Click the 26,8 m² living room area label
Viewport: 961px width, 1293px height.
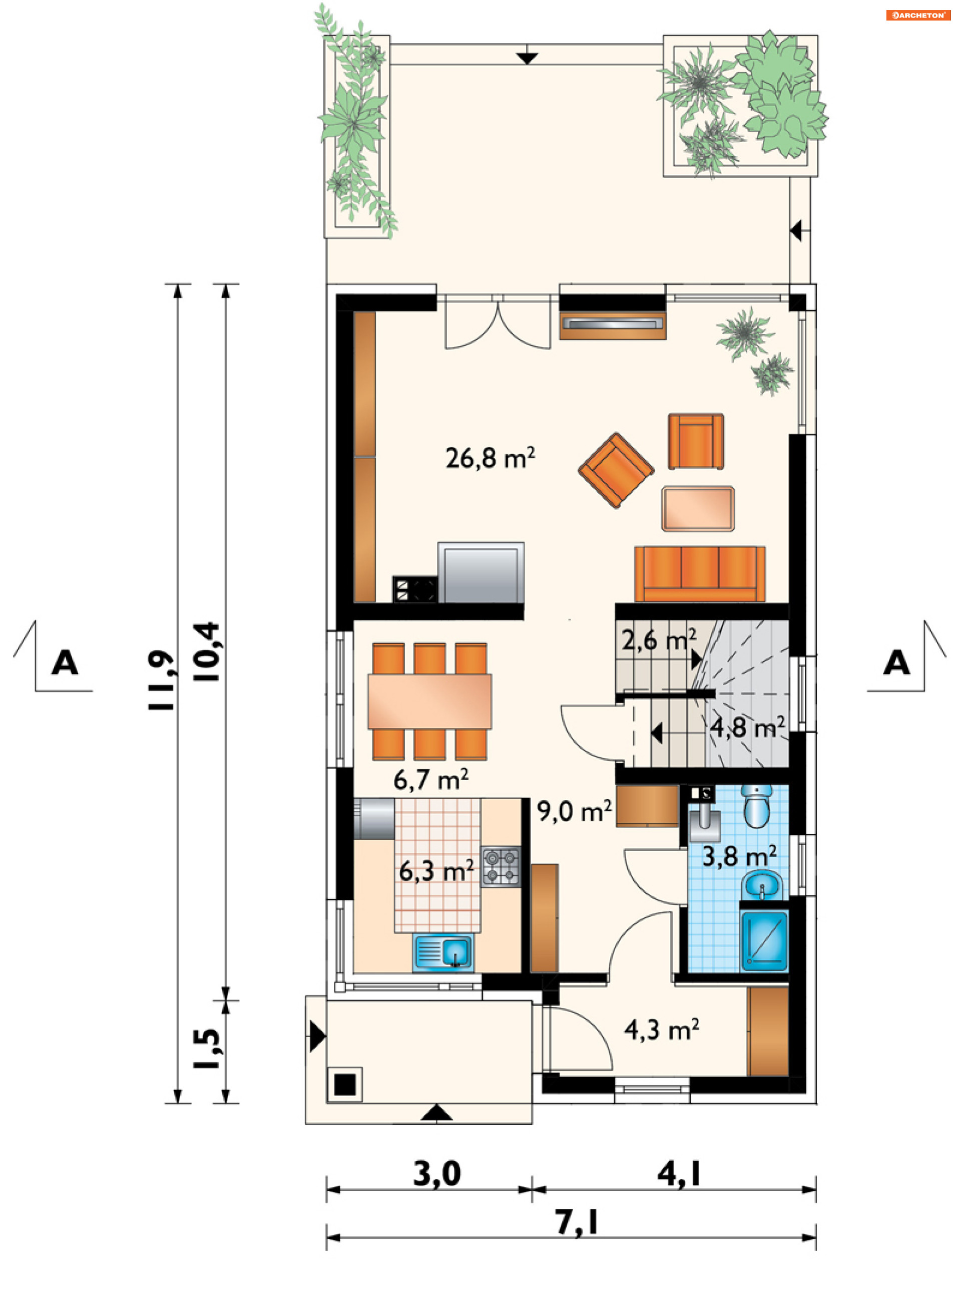490,458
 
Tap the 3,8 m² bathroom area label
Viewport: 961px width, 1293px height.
739,856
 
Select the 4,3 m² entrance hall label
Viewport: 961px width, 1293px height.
661,1030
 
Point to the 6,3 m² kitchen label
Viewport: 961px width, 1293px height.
436,871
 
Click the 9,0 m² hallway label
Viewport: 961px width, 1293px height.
574,811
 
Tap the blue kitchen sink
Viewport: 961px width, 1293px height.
443,953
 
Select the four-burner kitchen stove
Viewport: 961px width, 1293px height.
501,866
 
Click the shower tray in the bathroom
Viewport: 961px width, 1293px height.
764,941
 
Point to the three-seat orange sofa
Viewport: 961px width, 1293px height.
700,573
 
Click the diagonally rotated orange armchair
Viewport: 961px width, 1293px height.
616,470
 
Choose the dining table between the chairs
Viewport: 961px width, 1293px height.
429,701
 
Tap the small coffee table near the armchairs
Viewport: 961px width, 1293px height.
698,509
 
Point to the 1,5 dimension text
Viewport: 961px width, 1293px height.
207,1049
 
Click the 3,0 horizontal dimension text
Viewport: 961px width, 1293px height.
437,1174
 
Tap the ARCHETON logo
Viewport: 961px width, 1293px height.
918,15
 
